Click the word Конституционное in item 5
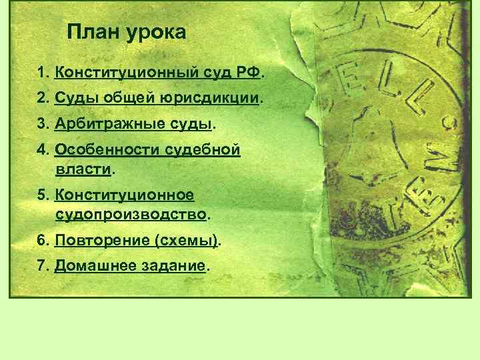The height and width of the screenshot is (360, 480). pyautogui.click(x=124, y=195)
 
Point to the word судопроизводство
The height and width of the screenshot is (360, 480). pyautogui.click(x=131, y=215)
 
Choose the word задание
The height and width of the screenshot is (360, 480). pyautogui.click(x=173, y=266)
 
